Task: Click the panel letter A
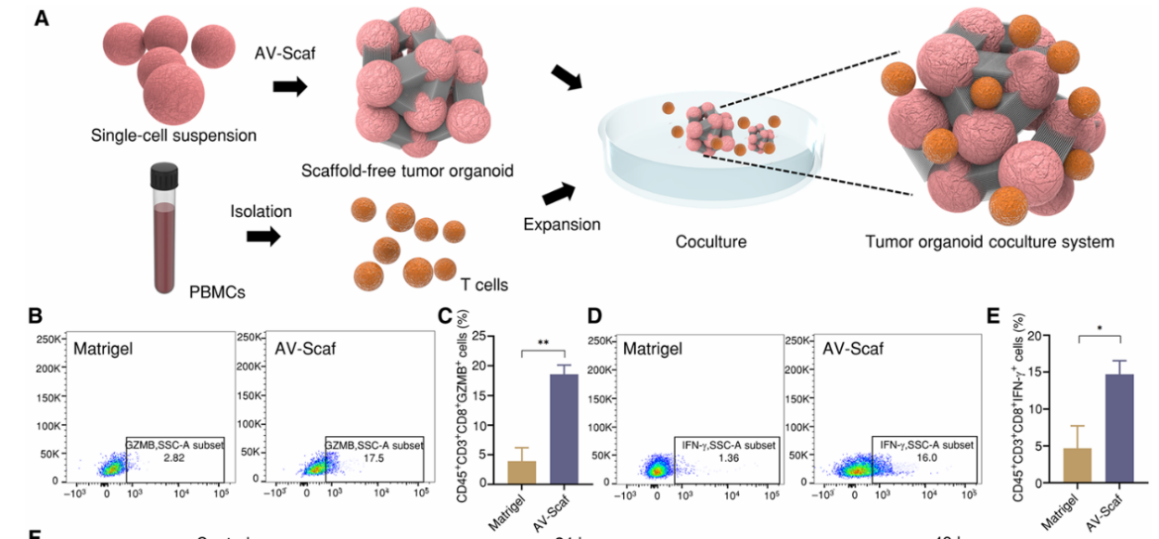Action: [41, 18]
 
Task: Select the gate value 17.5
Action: [374, 458]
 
